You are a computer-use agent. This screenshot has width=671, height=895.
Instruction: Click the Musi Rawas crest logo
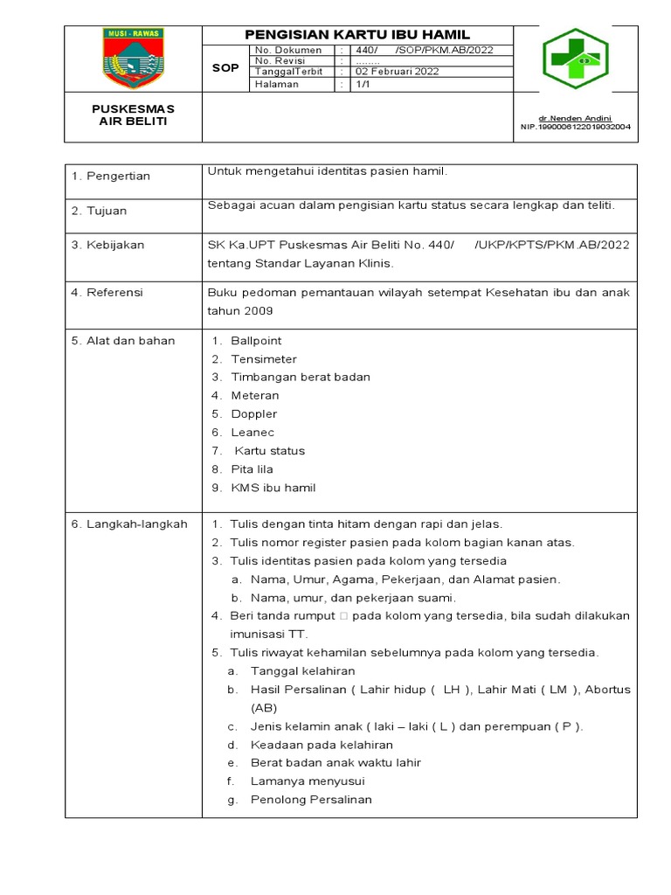coord(133,58)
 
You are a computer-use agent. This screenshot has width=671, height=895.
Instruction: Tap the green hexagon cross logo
coord(575,59)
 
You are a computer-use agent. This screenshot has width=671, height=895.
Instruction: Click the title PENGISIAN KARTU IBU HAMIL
coord(357,34)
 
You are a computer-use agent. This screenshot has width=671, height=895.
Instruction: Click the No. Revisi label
coord(280,61)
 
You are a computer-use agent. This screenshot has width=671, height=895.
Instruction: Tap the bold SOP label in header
coord(225,67)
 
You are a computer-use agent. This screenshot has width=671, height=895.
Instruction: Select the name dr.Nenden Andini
coord(575,117)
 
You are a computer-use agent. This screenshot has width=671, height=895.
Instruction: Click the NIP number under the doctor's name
coord(575,126)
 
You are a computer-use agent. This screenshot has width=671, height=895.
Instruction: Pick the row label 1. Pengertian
coord(111,176)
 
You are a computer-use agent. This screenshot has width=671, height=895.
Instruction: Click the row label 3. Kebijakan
coord(107,245)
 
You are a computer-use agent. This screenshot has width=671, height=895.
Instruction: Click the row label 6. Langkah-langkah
coord(129,524)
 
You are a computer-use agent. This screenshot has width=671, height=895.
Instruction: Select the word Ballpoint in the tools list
coord(256,341)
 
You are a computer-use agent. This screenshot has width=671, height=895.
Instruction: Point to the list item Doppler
coord(253,414)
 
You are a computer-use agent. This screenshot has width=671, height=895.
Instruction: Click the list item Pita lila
coord(252,469)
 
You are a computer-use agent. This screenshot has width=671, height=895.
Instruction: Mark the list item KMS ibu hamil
coord(273,488)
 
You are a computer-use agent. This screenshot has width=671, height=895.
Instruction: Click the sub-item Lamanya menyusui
coord(308,781)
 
